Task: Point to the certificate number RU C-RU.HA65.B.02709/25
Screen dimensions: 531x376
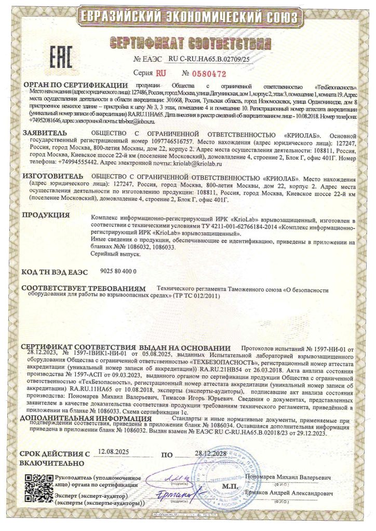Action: [209, 60]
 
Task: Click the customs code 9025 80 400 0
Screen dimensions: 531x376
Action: [114, 271]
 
